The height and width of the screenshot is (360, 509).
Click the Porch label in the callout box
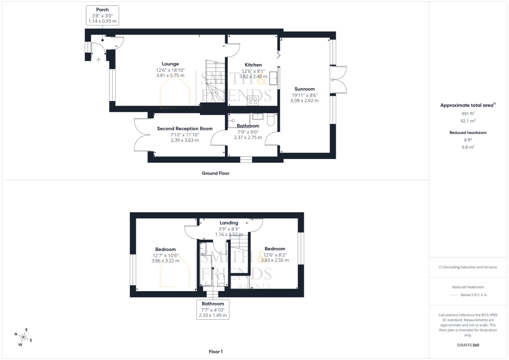coord(102,10)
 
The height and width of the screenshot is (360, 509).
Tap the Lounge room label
coord(170,64)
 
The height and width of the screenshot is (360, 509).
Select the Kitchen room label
coord(253,65)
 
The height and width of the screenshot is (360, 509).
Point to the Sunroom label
coord(304,89)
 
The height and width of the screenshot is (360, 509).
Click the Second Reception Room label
coord(185,129)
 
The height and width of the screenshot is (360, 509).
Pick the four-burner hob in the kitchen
coord(253,100)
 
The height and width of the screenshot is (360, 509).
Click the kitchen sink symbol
coord(273,78)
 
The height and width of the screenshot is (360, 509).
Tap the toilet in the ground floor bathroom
coord(270,120)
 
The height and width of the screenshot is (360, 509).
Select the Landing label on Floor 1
coord(229,223)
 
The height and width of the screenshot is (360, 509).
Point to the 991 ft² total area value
coord(468,114)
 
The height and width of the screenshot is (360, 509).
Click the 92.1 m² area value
coord(468,121)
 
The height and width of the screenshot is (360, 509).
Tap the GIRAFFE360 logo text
coord(468,345)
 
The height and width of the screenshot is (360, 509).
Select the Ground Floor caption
coord(215,173)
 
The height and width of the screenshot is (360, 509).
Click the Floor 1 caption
coord(215,352)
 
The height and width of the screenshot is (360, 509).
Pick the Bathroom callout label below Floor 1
coord(213,304)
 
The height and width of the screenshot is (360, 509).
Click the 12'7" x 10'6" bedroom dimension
coord(165,256)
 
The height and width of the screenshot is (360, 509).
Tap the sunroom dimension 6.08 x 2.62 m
coord(304,101)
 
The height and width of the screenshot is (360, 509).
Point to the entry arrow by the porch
coord(98,60)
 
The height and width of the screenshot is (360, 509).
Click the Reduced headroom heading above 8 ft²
coord(468,133)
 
